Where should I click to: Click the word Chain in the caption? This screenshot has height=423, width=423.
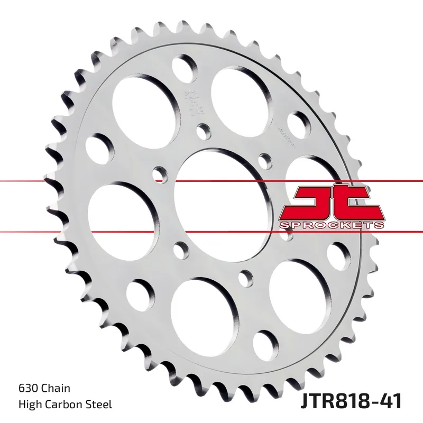pos(56,389)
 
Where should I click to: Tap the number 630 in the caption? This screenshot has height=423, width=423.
pos(27,389)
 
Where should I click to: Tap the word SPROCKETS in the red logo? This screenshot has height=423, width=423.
pos(332,226)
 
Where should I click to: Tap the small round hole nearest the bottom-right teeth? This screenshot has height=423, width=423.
pos(265,344)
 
